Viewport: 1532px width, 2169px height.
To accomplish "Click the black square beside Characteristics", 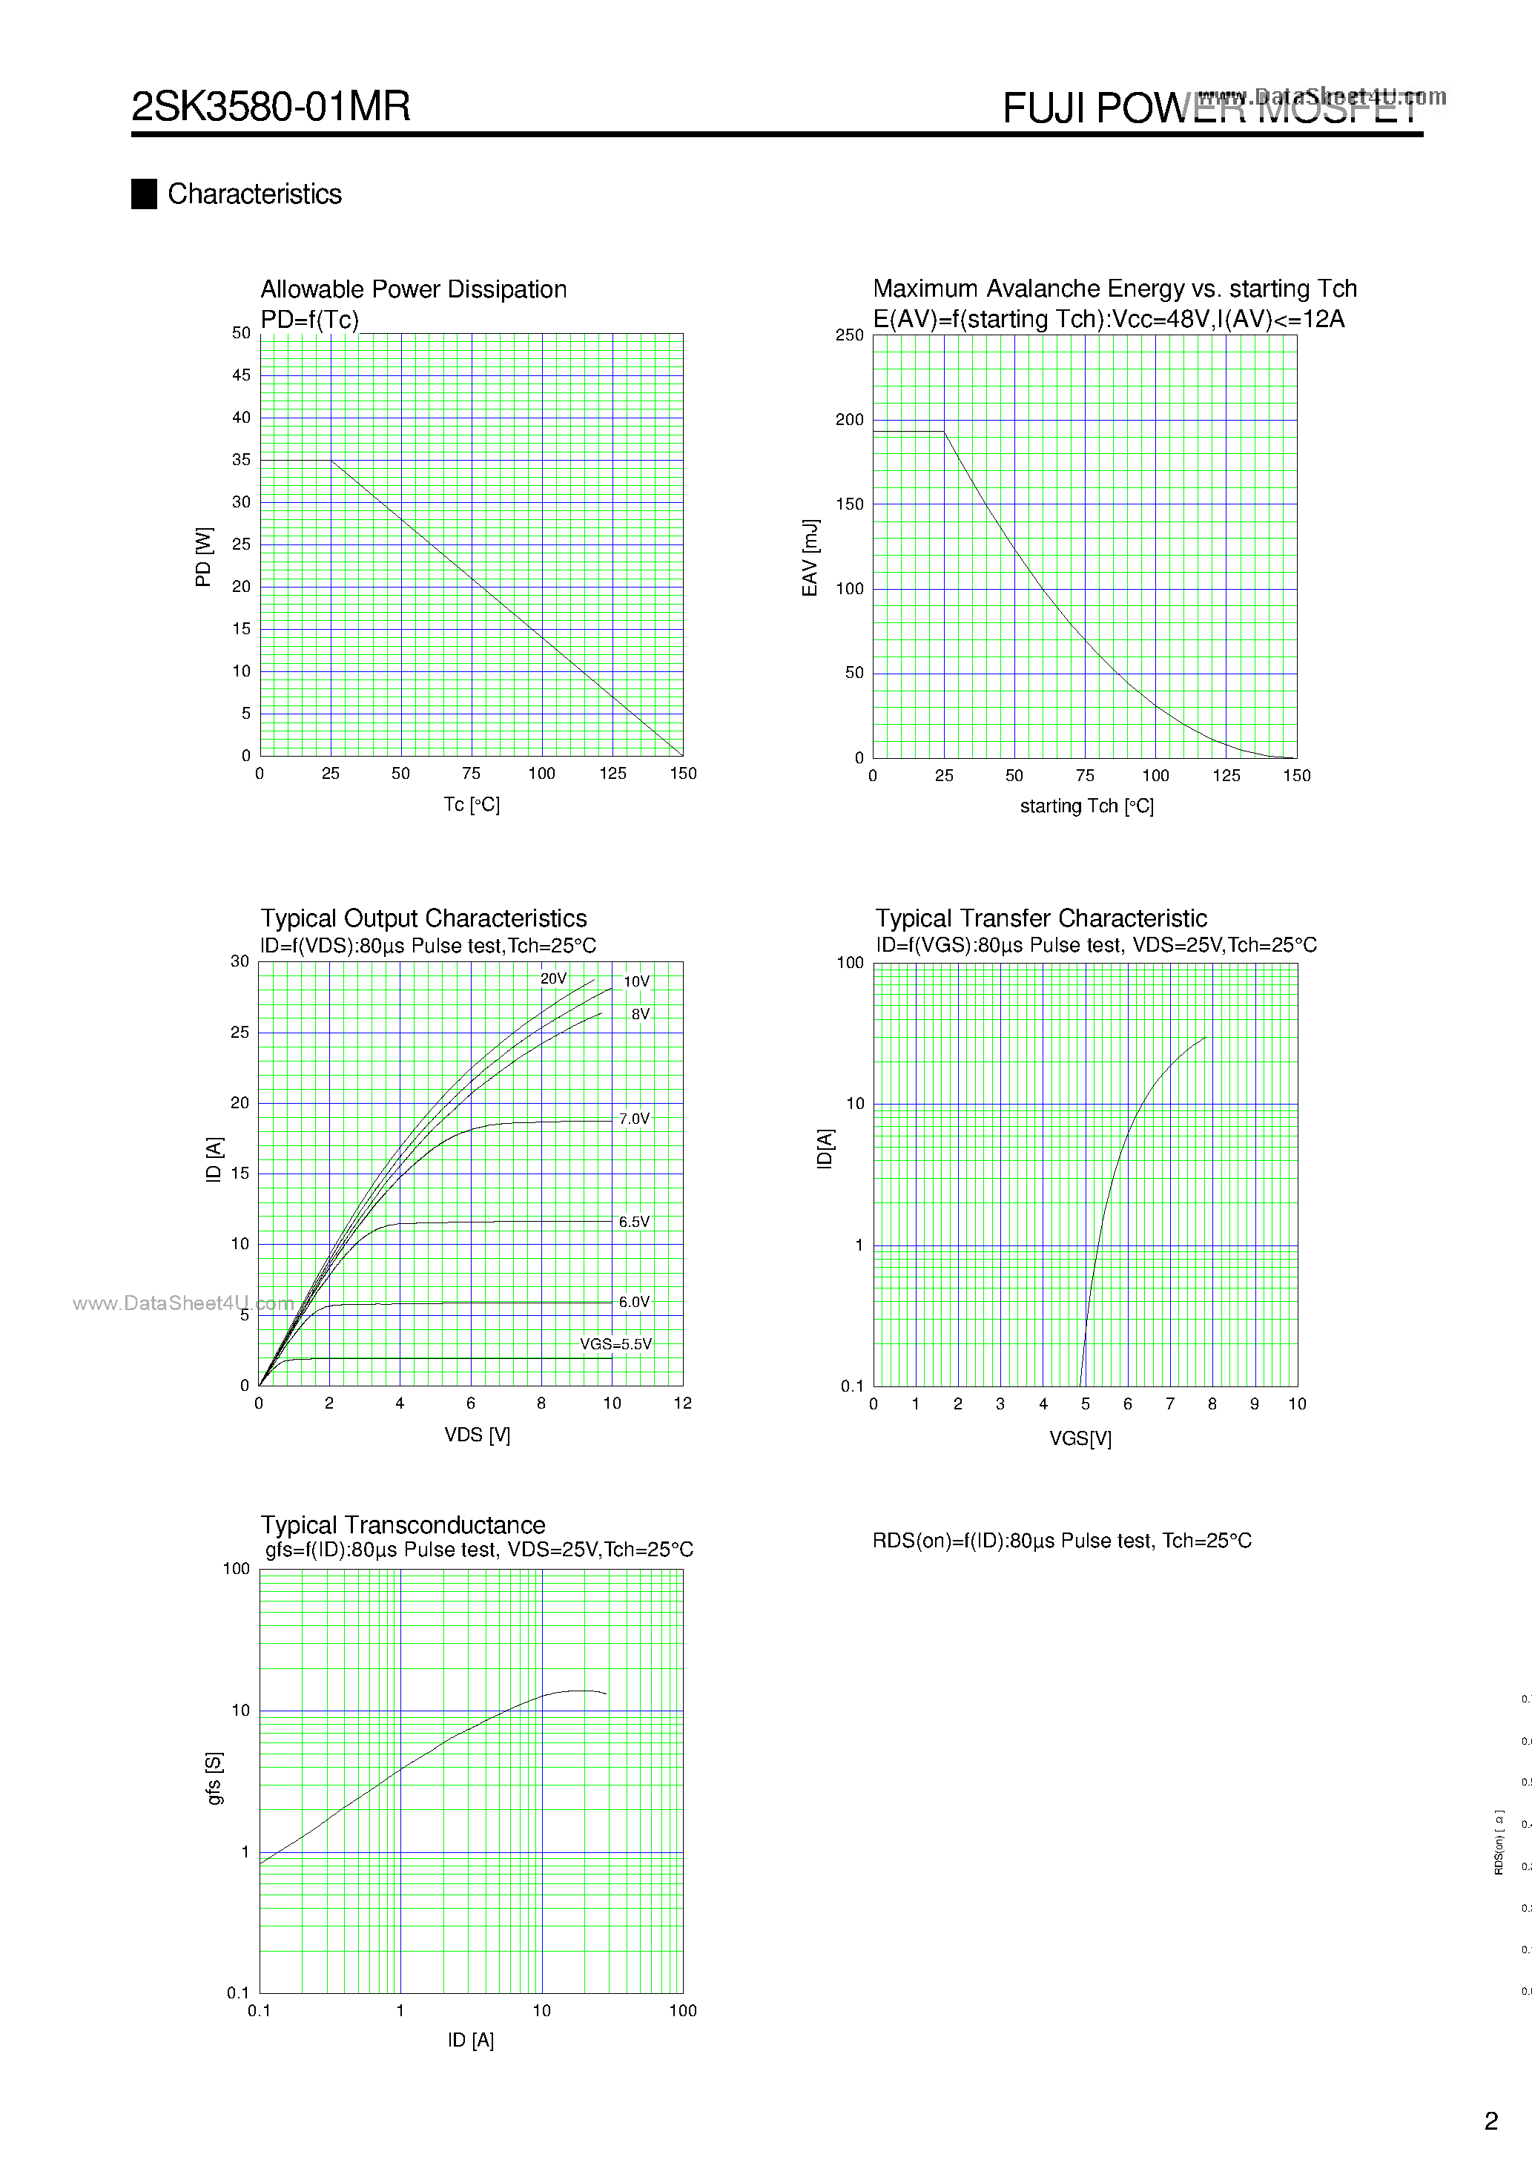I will coord(144,194).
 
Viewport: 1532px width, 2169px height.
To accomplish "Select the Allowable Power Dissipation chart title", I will coord(413,289).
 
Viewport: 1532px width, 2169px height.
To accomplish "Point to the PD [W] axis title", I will coord(203,556).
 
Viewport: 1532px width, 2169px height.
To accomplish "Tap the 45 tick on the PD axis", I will coord(242,375).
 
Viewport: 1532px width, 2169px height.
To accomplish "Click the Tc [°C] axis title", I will coord(472,804).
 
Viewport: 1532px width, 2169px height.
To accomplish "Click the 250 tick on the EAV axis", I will coord(849,335).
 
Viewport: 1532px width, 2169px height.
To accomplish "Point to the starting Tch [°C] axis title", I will coord(1086,806).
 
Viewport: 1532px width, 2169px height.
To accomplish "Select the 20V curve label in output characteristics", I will coord(552,978).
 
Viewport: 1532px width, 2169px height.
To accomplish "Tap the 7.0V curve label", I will coord(634,1119).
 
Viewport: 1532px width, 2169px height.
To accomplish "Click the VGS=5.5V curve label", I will coord(615,1343).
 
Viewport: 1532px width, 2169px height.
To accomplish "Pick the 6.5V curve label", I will coord(634,1222).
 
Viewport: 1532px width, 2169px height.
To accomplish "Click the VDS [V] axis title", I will coord(477,1434).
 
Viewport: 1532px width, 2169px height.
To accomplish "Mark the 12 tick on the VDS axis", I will coord(682,1403).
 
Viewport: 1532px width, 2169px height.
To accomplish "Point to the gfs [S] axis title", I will coord(214,1778).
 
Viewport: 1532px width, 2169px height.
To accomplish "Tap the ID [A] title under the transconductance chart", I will coord(470,2040).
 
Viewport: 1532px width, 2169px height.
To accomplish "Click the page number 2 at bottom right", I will coord(1491,2121).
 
